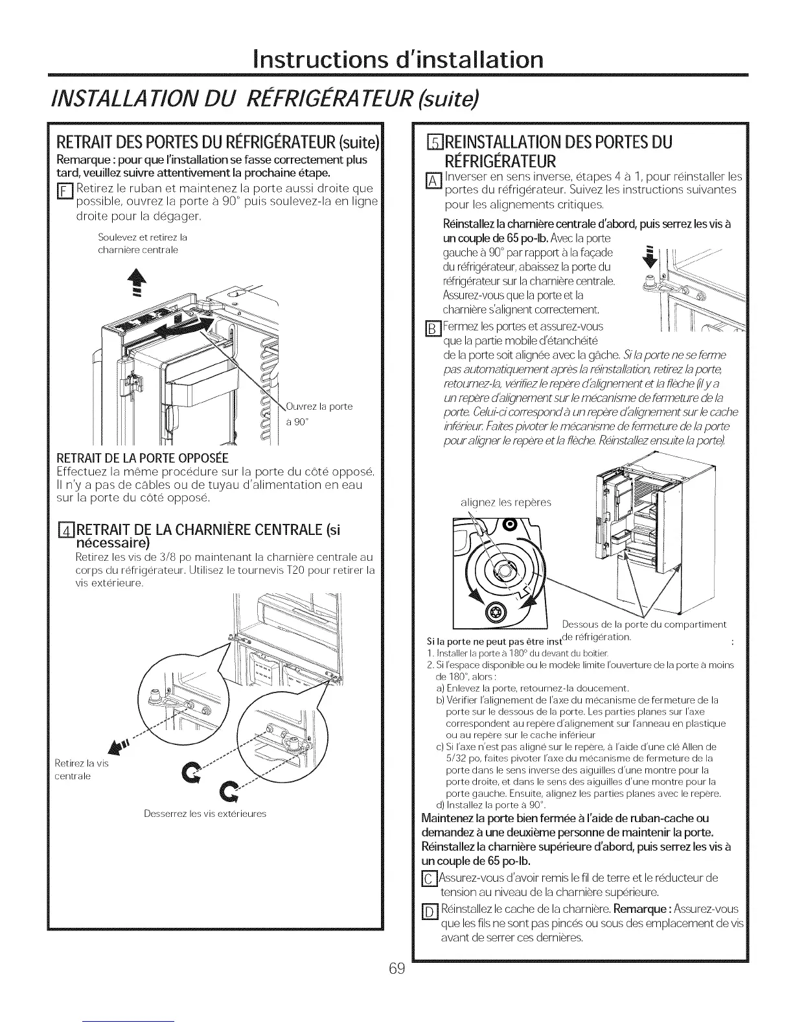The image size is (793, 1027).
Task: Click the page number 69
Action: click(x=397, y=969)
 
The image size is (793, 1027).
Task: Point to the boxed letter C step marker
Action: click(x=428, y=879)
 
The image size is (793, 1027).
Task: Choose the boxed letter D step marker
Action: click(x=428, y=910)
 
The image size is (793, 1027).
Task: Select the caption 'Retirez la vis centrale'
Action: click(x=82, y=769)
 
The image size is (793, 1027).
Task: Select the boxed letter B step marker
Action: click(x=428, y=327)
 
